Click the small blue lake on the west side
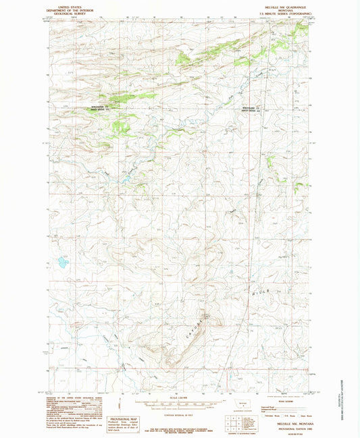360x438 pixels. [x=61, y=261]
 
